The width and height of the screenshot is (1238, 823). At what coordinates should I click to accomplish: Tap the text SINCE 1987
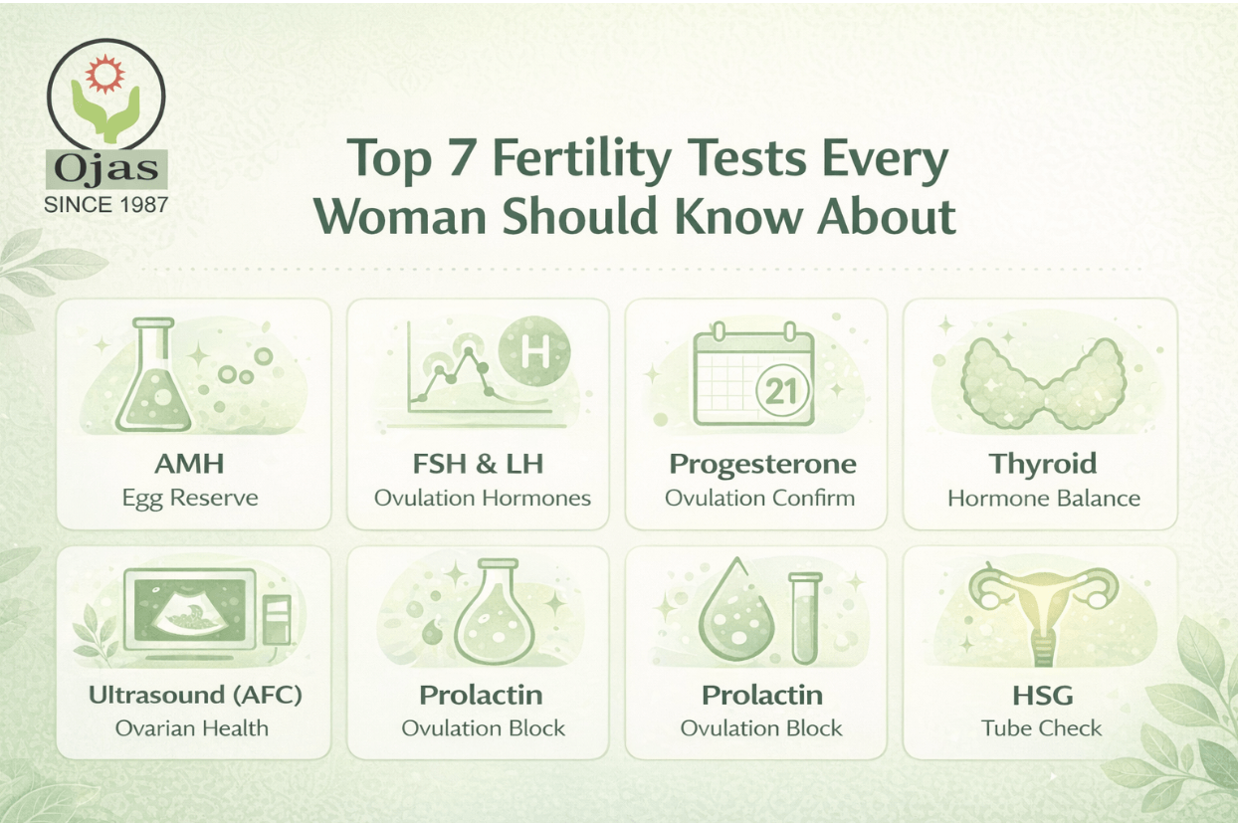[x=106, y=205]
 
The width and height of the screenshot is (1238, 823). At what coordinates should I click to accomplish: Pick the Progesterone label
[x=761, y=464]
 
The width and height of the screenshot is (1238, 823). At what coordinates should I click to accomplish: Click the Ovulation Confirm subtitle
[x=760, y=497]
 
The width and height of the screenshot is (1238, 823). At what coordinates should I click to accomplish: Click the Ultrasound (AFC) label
[x=195, y=694]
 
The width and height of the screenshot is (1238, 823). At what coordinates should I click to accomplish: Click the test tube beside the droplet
[x=802, y=618]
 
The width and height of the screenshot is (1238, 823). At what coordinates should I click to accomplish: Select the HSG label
[x=1041, y=694]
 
